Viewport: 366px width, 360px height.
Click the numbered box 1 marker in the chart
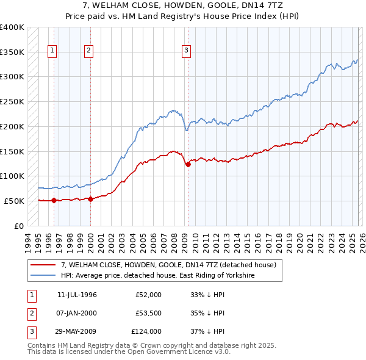[53, 51]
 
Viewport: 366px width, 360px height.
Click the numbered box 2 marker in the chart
[89, 51]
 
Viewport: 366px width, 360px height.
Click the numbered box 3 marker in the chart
[186, 51]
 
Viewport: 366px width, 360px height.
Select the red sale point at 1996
[54, 200]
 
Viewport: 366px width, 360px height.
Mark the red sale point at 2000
[90, 199]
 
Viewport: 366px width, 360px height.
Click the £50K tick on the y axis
[14, 201]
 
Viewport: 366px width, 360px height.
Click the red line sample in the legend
[43, 265]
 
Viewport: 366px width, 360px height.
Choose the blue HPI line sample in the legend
[43, 276]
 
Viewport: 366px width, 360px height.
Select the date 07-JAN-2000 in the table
[77, 313]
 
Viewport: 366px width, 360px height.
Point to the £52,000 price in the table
[149, 295]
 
